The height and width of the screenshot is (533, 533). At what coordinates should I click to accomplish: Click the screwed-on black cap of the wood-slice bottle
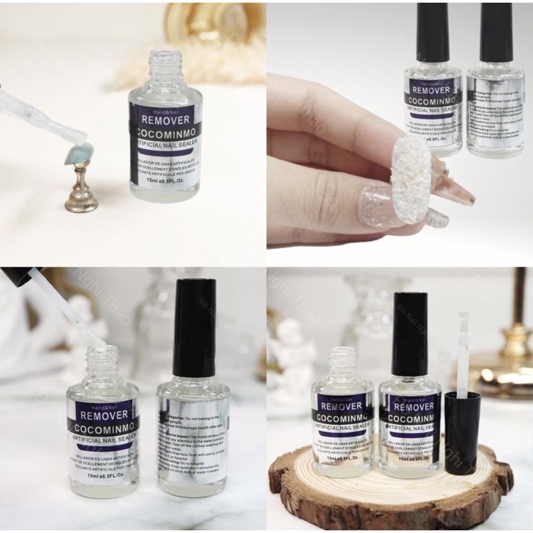[408, 333]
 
